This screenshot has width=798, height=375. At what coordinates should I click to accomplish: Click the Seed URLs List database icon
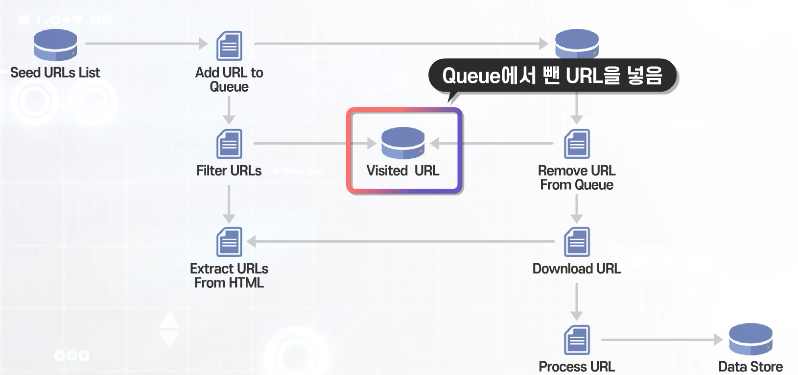(x=55, y=45)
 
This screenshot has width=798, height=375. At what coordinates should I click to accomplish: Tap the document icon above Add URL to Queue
(x=229, y=46)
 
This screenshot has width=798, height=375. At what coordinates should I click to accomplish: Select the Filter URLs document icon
(x=229, y=144)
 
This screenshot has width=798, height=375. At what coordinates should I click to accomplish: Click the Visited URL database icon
(x=403, y=143)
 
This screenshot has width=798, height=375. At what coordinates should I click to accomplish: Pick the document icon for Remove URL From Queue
(x=577, y=144)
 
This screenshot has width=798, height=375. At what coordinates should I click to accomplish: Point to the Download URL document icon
(x=577, y=242)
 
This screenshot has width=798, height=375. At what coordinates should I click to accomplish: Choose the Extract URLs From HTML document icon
(x=229, y=242)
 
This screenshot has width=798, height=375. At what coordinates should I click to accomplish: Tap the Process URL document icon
(x=577, y=340)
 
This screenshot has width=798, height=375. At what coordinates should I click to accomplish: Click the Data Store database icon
(x=751, y=339)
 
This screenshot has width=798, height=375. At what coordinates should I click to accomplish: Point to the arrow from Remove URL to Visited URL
(x=492, y=143)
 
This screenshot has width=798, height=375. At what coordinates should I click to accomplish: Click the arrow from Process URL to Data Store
(x=661, y=339)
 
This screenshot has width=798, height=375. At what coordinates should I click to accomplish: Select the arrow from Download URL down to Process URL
(x=577, y=302)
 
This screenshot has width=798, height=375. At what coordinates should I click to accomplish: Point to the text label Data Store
(x=750, y=366)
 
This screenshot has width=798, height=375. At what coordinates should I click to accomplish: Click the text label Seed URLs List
(x=55, y=73)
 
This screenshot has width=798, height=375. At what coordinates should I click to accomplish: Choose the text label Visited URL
(x=403, y=171)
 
